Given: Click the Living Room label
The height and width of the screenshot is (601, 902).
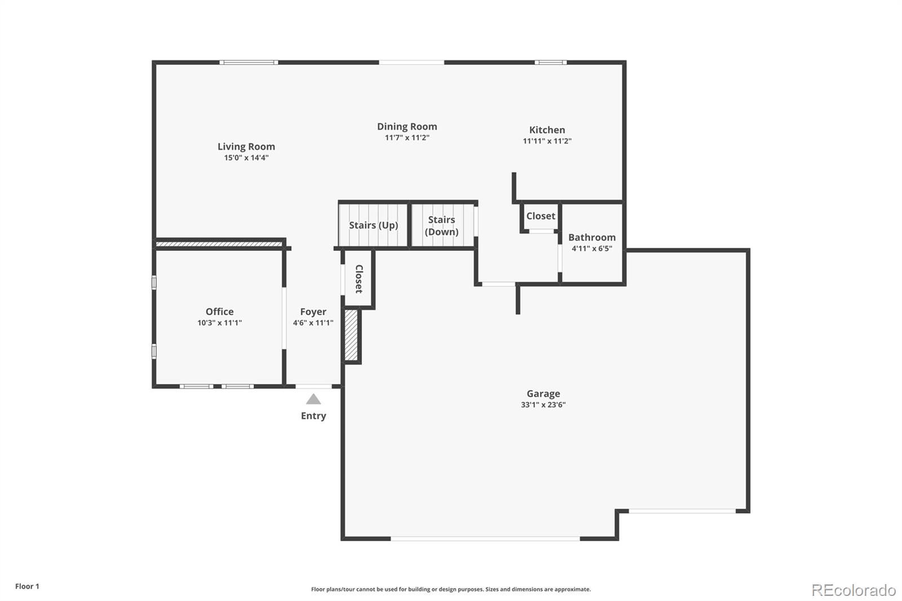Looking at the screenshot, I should click(x=246, y=147).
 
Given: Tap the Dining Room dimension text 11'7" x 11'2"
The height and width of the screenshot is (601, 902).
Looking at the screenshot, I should click(x=407, y=138).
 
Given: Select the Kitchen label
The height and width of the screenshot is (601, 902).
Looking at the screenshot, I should click(x=547, y=130).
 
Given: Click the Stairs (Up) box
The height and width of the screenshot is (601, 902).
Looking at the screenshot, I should click(x=373, y=225).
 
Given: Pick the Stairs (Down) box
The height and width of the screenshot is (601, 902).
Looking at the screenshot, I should click(x=442, y=226).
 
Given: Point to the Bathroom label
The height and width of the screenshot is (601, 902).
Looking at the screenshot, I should click(x=592, y=237).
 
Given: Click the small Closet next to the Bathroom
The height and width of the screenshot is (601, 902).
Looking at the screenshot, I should click(x=541, y=216).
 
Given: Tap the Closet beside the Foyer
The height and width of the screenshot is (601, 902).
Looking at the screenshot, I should click(x=359, y=279).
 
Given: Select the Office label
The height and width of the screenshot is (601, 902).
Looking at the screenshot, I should click(x=219, y=312).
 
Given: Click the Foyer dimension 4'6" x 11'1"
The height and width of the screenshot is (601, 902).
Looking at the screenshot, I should click(x=313, y=323).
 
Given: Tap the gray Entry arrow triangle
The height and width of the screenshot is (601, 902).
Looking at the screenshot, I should click(x=313, y=400).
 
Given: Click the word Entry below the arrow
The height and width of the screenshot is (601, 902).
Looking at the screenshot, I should click(x=313, y=416).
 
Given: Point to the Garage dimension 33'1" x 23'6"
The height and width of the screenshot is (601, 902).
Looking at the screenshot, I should click(x=543, y=405).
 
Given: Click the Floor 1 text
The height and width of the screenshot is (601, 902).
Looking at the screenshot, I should click(x=27, y=586).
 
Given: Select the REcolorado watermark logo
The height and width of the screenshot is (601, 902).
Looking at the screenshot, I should click(x=854, y=590).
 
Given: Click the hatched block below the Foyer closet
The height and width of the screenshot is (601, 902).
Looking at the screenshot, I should click(x=351, y=335).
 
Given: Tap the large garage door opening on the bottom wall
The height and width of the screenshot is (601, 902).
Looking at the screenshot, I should click(x=485, y=539).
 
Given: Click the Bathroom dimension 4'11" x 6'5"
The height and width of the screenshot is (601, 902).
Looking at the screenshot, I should click(x=592, y=249).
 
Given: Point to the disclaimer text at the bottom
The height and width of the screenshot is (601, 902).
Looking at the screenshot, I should click(x=451, y=589).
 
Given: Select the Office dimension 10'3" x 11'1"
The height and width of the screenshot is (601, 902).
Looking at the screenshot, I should click(x=219, y=323).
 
